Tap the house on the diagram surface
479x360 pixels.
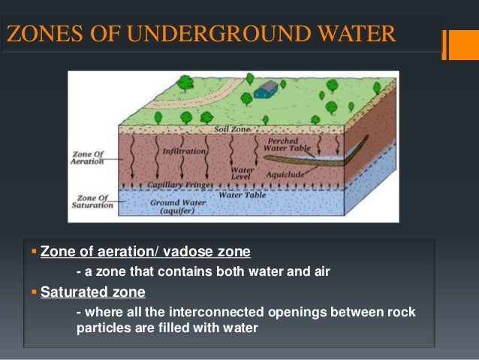(x=265, y=90)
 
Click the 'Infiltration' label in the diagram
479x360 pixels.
(x=184, y=151)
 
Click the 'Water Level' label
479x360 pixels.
(x=243, y=174)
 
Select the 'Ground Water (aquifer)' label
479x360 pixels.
(x=176, y=207)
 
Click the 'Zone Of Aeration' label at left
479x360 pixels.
(x=89, y=158)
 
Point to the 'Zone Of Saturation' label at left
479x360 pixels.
(x=92, y=200)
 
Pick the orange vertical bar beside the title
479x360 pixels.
(x=447, y=44)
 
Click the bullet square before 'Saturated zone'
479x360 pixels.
(x=35, y=290)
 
